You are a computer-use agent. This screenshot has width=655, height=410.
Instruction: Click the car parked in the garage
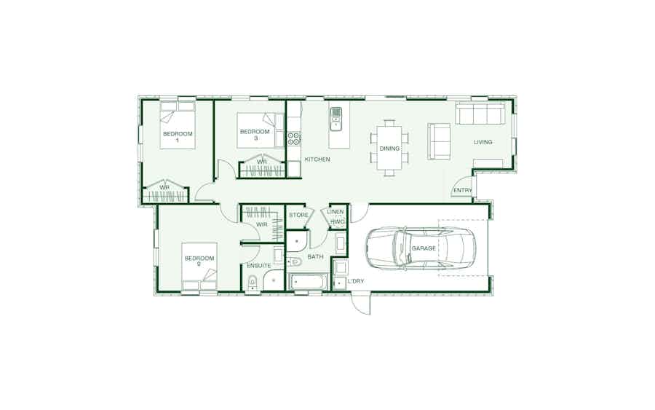421,248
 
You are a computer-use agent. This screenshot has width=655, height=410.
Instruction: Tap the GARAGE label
424,248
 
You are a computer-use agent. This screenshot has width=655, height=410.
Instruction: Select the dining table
389,148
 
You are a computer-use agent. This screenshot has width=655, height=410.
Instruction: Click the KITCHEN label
317,159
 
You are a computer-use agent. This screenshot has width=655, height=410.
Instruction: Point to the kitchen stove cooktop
294,139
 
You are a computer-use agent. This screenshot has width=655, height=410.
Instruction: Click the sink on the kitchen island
336,118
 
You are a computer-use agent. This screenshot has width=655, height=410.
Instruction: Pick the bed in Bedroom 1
178,125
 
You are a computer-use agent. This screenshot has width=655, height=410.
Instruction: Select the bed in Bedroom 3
255,130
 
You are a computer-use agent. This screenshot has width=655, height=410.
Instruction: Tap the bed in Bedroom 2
199,267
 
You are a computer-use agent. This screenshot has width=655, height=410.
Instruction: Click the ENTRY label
462,190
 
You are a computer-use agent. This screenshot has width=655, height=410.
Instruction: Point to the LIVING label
483,142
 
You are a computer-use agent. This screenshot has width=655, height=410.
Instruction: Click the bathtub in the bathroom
309,281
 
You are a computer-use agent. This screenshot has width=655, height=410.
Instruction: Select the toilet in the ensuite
253,283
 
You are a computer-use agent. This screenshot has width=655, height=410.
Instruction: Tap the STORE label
298,215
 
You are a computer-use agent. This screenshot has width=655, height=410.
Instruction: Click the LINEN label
335,212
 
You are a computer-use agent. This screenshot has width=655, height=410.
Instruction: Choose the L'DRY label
355,281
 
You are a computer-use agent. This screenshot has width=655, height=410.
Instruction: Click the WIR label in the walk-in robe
262,225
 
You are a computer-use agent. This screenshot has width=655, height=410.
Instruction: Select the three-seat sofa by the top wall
480,114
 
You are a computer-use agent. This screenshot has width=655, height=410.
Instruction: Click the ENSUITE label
259,266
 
